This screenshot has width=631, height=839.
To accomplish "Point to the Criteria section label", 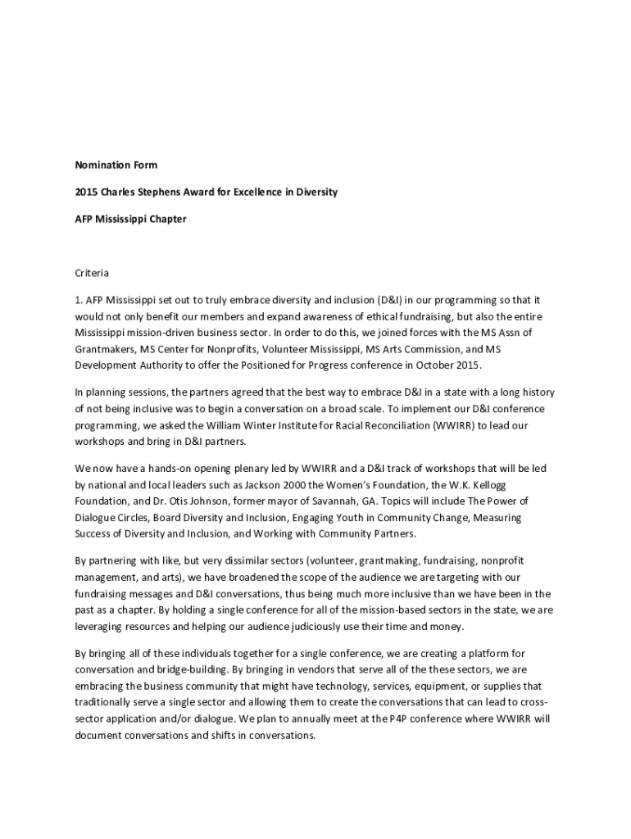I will tap(93, 272).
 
